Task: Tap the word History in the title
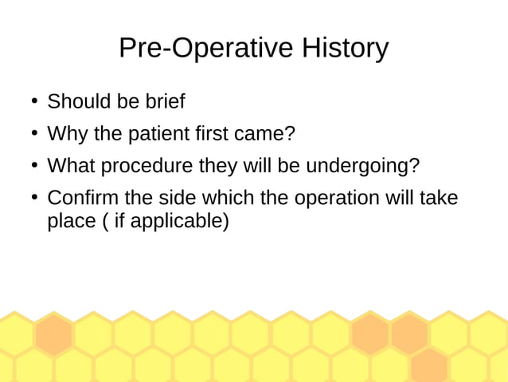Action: tap(345, 48)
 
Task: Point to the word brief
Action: tap(165, 102)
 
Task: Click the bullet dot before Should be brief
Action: tap(34, 102)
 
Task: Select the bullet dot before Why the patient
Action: tap(34, 134)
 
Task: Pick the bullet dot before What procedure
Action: tap(34, 166)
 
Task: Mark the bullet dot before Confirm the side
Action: tap(34, 198)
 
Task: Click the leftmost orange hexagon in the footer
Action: tap(54, 333)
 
